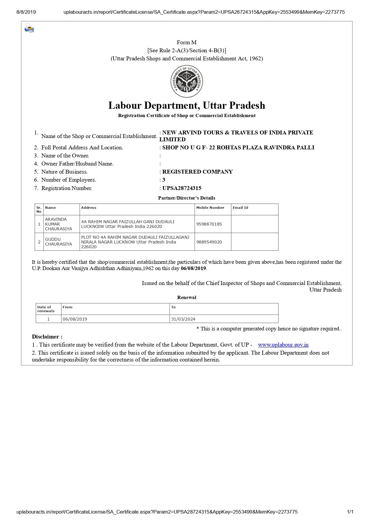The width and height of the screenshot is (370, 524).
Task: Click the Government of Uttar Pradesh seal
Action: (187, 81)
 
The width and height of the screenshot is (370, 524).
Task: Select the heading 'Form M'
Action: (186, 42)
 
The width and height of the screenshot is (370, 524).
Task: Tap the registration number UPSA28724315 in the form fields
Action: (182, 188)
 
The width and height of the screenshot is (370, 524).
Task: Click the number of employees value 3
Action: (164, 180)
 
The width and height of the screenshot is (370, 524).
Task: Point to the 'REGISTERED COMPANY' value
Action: (197, 172)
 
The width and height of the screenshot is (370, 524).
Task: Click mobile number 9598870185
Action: (209, 224)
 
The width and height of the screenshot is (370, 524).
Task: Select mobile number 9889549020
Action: (209, 242)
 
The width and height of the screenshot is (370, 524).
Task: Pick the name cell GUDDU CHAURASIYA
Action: (58, 242)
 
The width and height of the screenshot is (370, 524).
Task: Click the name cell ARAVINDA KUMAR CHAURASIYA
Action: (58, 224)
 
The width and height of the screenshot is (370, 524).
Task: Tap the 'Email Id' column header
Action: (240, 208)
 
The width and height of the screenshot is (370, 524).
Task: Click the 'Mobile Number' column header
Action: (210, 208)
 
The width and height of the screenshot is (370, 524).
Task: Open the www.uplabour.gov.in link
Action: (283, 345)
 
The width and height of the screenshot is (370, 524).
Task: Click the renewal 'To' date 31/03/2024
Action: (183, 319)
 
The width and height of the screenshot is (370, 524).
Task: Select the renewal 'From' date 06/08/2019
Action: (75, 319)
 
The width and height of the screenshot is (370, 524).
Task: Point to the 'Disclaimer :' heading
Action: (47, 337)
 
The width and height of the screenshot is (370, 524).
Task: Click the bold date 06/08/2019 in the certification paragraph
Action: (193, 268)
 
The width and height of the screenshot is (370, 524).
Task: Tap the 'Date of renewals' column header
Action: (46, 309)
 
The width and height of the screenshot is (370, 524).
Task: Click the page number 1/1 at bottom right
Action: (350, 512)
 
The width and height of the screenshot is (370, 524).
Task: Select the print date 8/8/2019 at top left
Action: (26, 12)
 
